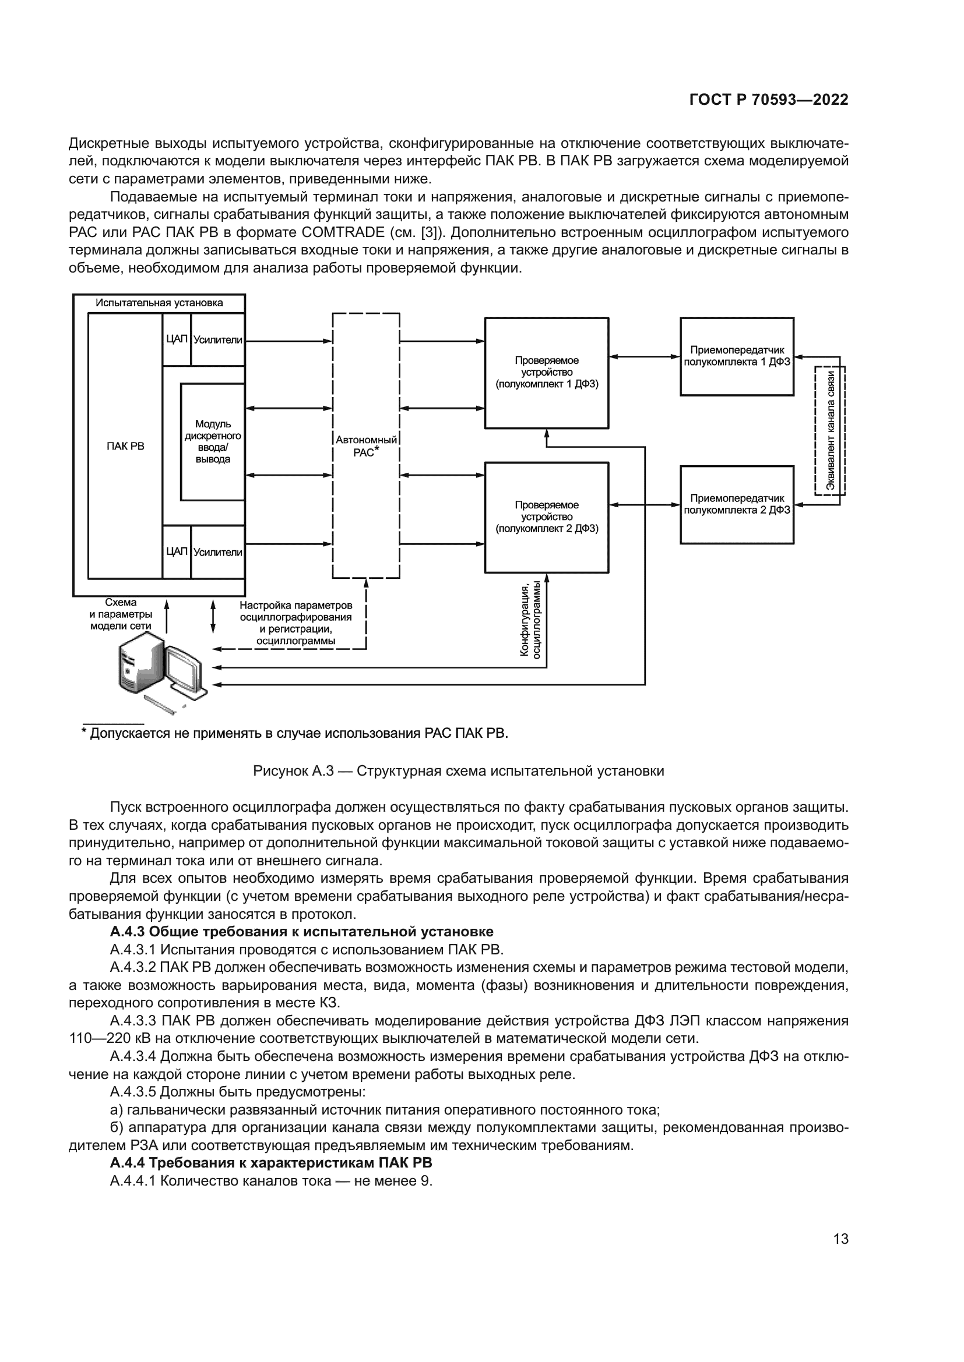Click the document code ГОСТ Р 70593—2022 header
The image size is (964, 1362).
click(768, 100)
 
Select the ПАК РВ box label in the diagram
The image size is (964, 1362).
click(125, 446)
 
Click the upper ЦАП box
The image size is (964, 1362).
click(176, 339)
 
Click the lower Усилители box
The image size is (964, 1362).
click(218, 552)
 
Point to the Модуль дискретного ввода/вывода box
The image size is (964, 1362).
click(213, 441)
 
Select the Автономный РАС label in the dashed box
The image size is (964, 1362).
click(365, 445)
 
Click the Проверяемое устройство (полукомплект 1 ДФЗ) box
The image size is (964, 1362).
click(546, 373)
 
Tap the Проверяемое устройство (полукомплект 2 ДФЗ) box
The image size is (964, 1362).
click(546, 517)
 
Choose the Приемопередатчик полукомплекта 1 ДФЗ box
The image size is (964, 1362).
click(737, 356)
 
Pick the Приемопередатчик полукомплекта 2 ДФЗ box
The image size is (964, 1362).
click(737, 504)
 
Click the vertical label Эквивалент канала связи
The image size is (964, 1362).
click(831, 430)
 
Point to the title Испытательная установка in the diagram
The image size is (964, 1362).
click(159, 303)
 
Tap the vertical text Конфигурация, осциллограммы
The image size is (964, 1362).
click(530, 621)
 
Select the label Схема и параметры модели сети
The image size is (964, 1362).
click(121, 614)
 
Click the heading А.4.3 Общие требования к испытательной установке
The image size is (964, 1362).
click(301, 931)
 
